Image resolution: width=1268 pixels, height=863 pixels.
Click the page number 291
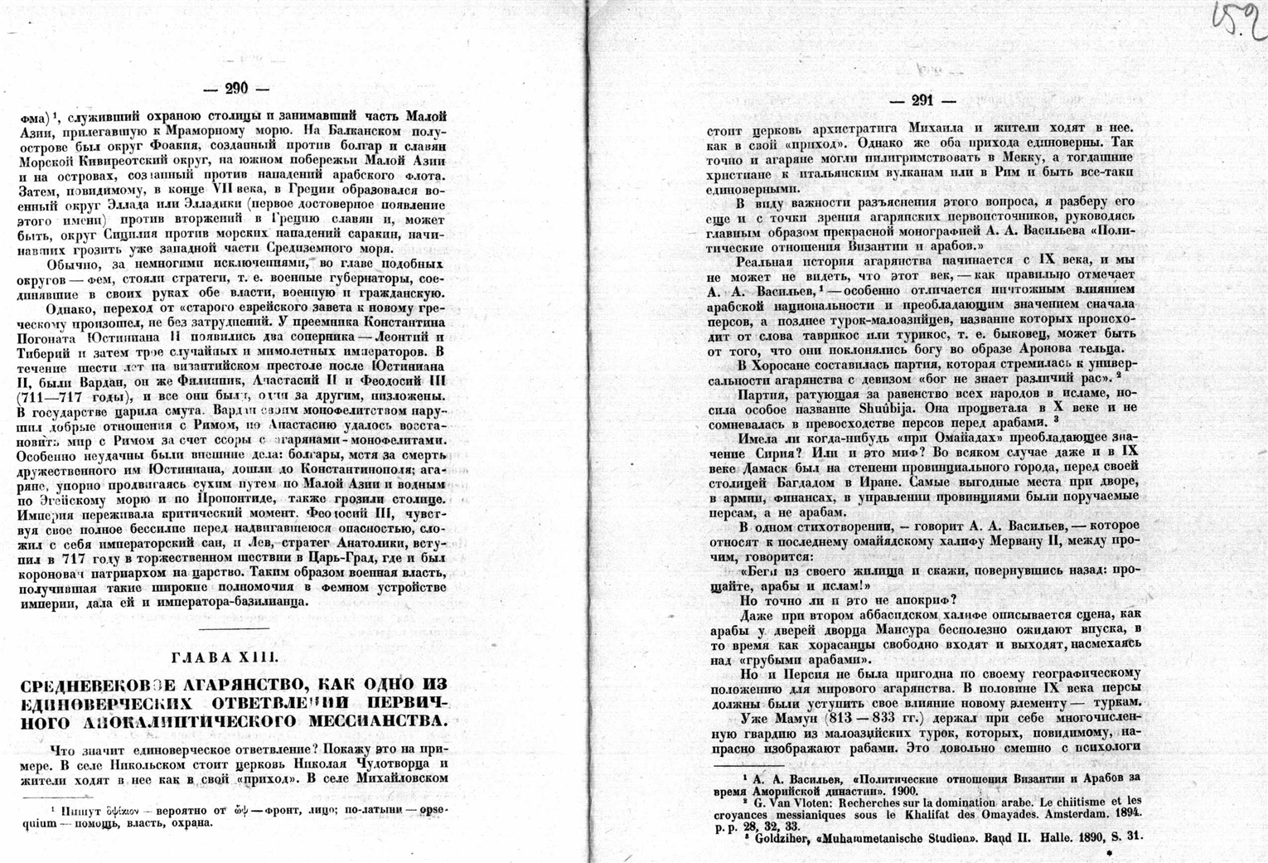[922, 100]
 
